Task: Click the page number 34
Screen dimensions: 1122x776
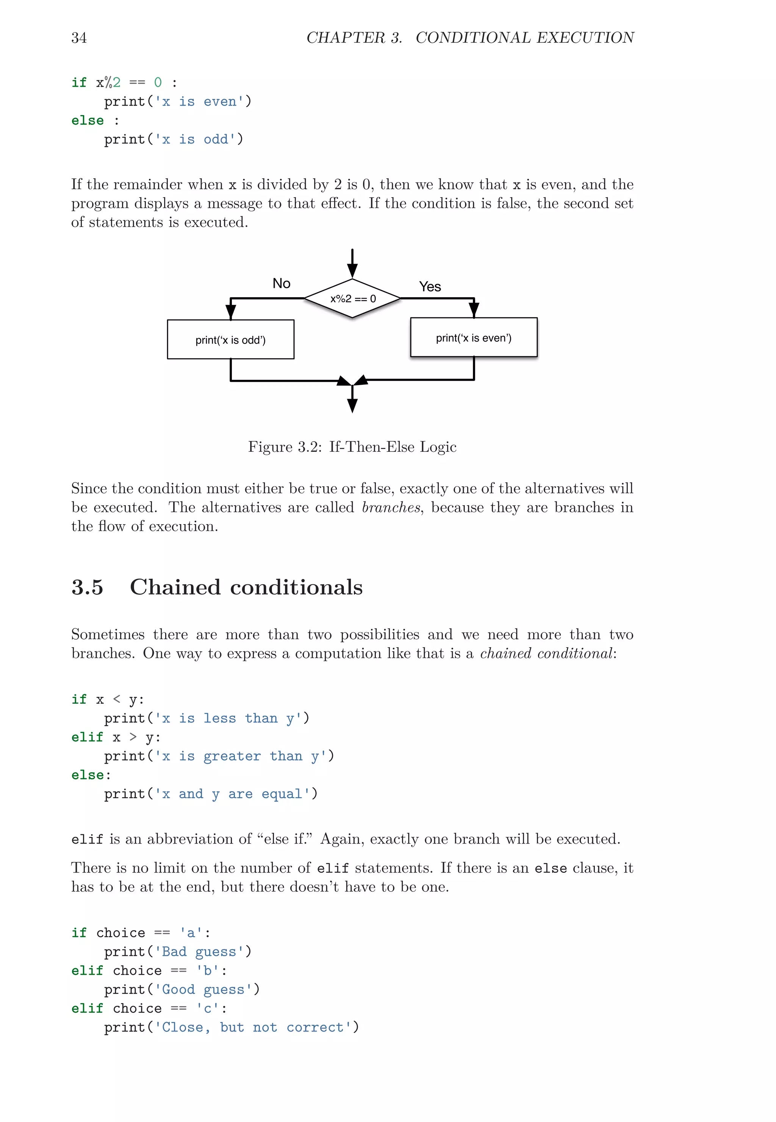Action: click(x=79, y=38)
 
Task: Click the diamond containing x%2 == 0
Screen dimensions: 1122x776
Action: click(x=352, y=298)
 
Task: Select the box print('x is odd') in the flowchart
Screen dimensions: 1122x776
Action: click(x=230, y=340)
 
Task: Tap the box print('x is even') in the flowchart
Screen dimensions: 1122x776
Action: click(x=474, y=338)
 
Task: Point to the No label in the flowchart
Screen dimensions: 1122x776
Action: click(x=282, y=283)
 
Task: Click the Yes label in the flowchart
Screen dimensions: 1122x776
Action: click(x=430, y=287)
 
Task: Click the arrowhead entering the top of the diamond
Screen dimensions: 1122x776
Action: click(x=352, y=270)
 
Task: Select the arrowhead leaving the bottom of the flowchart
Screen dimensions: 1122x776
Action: click(x=352, y=405)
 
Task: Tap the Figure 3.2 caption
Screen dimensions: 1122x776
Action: click(x=352, y=447)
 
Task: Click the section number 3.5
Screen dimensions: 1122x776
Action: click(x=88, y=587)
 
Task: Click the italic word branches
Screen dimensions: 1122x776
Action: click(x=391, y=508)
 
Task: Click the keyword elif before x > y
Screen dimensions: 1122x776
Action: click(x=88, y=737)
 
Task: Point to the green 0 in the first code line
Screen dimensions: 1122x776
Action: click(x=158, y=83)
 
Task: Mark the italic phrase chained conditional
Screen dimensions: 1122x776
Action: click(x=546, y=654)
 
